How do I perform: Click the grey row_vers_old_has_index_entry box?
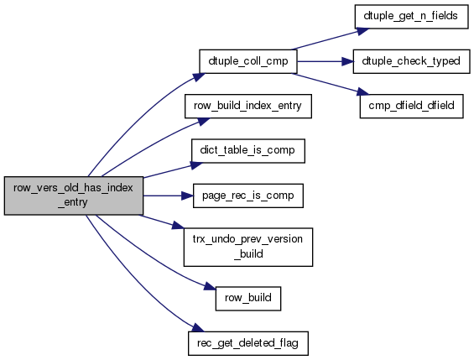(x=74, y=196)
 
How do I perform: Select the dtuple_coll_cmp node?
(x=247, y=61)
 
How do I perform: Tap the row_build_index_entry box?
(x=247, y=106)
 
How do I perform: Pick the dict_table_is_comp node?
(x=247, y=151)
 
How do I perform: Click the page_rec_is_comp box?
(x=247, y=196)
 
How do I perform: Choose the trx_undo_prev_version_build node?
(x=247, y=247)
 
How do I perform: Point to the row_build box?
(x=247, y=299)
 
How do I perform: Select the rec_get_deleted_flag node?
(x=247, y=343)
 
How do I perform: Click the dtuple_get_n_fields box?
(x=411, y=17)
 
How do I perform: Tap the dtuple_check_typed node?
(x=411, y=61)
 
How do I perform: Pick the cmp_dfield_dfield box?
(x=411, y=106)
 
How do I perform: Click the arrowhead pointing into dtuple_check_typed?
(x=347, y=61)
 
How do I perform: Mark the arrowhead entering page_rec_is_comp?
(x=187, y=196)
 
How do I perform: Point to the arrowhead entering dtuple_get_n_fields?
(x=363, y=31)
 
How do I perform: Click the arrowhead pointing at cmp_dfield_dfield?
(x=362, y=92)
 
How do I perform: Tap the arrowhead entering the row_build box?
(x=211, y=286)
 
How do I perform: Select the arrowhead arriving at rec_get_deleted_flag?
(x=198, y=328)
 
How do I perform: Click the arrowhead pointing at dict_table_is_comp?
(x=196, y=165)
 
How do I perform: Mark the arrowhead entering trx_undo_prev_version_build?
(x=178, y=226)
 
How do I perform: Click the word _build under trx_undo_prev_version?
(x=248, y=253)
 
